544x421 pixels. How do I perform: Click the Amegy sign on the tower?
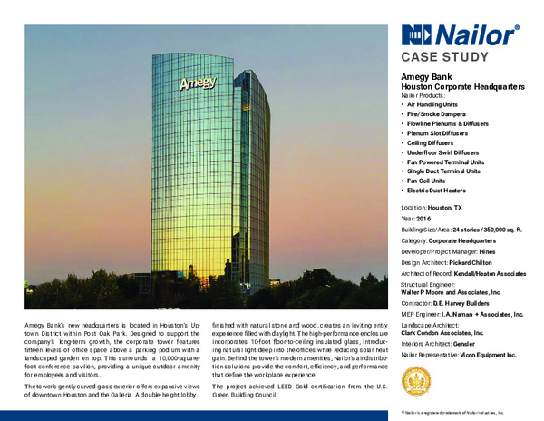point(199,84)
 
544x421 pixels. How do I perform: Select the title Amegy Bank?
point(428,78)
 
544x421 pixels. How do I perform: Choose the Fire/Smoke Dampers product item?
point(442,117)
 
